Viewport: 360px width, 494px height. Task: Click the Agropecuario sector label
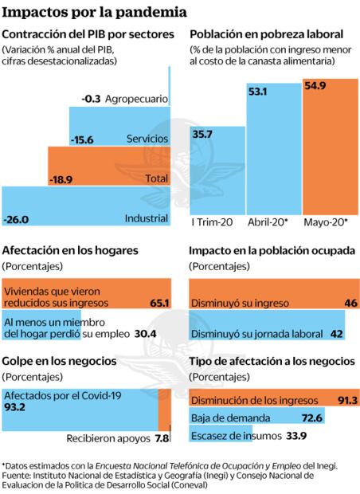coord(135,99)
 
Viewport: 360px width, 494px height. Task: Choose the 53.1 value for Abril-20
coord(257,92)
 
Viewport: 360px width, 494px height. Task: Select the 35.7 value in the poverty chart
coord(202,135)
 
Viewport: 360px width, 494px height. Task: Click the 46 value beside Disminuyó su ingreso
coord(348,303)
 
